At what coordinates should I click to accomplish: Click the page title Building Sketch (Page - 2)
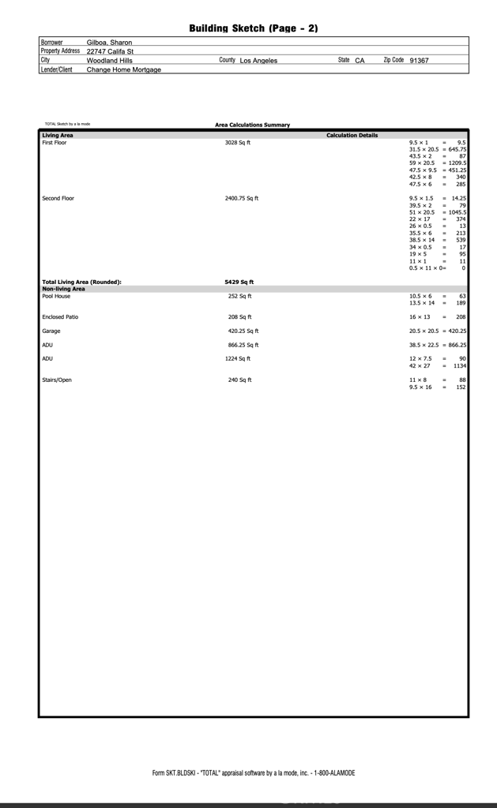click(x=253, y=28)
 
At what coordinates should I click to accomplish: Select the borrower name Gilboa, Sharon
click(x=109, y=43)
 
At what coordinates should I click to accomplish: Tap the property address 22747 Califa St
click(x=110, y=51)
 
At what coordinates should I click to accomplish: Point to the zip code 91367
click(x=419, y=61)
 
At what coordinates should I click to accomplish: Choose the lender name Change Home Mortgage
click(x=123, y=70)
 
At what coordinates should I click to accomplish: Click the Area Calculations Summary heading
click(x=252, y=125)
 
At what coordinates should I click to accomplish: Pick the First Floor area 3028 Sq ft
click(x=238, y=143)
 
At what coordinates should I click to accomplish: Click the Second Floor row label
click(x=58, y=198)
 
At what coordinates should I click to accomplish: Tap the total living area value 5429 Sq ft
click(x=239, y=282)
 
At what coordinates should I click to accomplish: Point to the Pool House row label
click(x=56, y=296)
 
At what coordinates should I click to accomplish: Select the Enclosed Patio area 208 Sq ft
click(x=239, y=316)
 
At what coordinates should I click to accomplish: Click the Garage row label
click(x=51, y=331)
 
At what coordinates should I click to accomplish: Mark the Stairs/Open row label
click(x=57, y=380)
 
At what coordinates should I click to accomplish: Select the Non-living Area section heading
click(x=63, y=289)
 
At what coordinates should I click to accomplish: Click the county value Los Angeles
click(x=258, y=61)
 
